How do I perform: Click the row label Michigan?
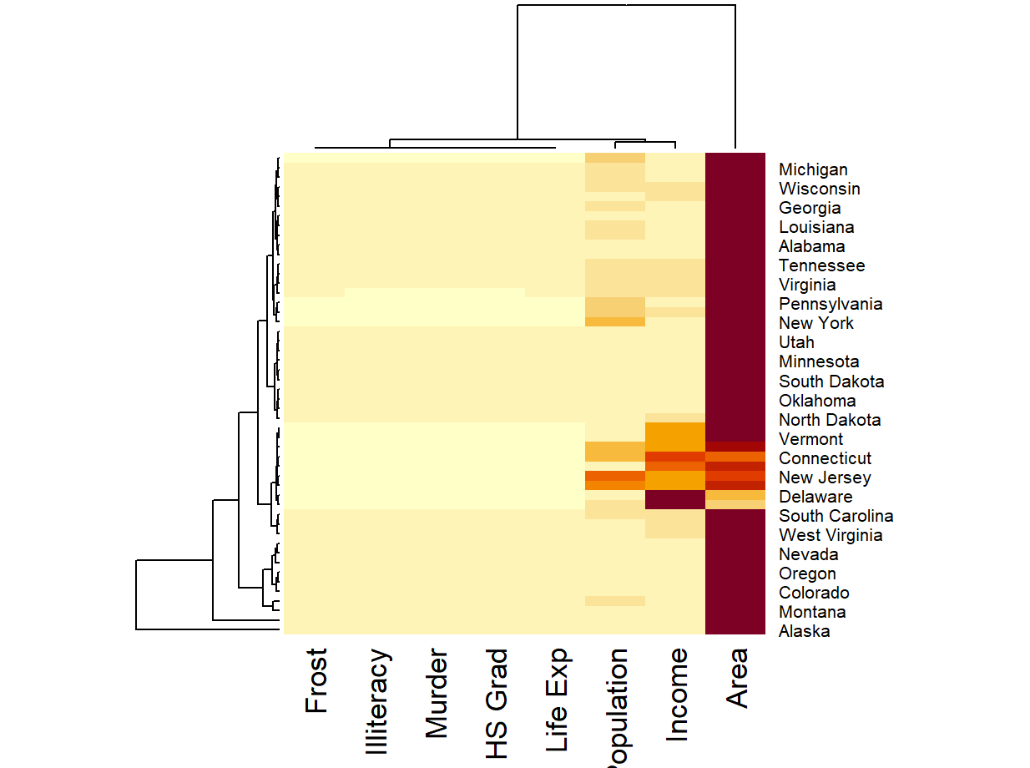(x=813, y=169)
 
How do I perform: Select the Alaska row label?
(x=804, y=631)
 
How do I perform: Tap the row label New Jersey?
(x=825, y=477)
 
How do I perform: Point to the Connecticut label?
(x=825, y=458)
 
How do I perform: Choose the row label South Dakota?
(x=831, y=381)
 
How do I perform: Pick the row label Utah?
(x=796, y=342)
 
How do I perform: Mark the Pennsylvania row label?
(x=831, y=304)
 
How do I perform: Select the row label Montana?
(x=812, y=612)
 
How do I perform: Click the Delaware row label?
(x=815, y=497)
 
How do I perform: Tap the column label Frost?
(x=316, y=680)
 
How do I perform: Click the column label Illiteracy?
(x=377, y=702)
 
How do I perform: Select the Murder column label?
(x=437, y=694)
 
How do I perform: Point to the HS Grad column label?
(x=497, y=705)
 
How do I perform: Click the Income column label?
(x=678, y=695)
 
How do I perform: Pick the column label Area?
(x=738, y=678)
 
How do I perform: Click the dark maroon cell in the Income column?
(x=675, y=499)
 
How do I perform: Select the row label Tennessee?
(x=821, y=265)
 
